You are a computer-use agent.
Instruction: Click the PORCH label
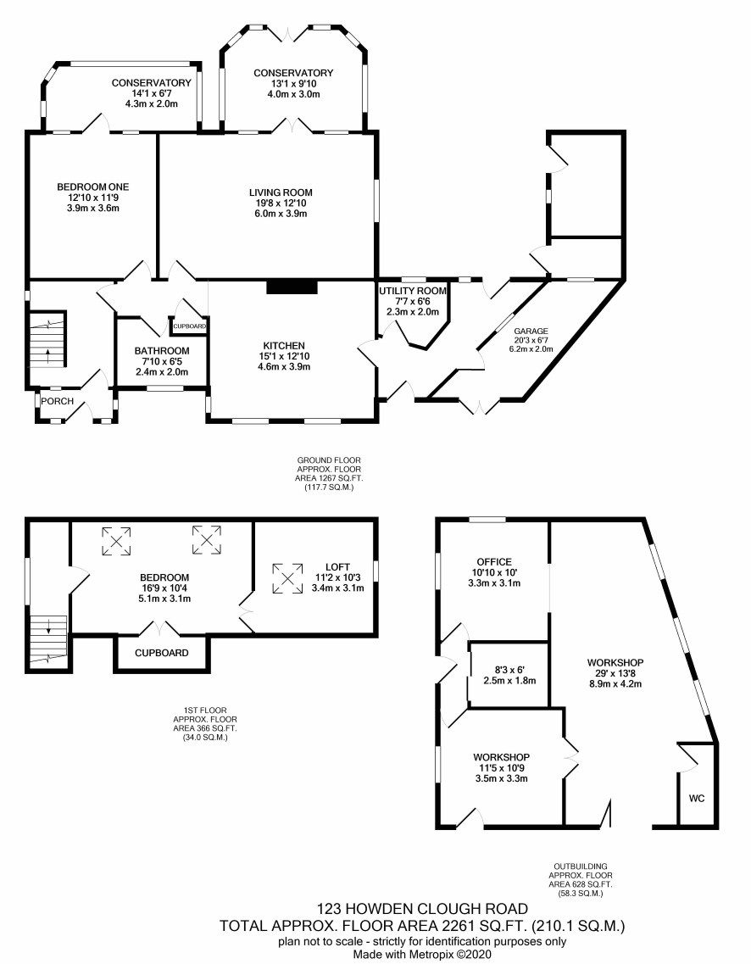(57, 402)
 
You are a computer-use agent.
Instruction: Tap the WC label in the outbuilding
(696, 799)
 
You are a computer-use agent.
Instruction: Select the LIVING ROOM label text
(281, 192)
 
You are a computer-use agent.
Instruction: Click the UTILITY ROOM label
(413, 291)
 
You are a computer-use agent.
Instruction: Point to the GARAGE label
(531, 332)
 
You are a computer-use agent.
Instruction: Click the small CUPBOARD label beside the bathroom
(189, 326)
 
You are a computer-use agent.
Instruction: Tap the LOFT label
(337, 567)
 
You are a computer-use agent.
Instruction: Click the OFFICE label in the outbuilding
(494, 562)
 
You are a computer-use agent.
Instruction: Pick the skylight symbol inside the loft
(287, 578)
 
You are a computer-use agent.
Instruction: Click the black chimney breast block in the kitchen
(292, 287)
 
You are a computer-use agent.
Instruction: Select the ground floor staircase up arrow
(48, 355)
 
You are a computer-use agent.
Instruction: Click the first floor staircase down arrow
(48, 627)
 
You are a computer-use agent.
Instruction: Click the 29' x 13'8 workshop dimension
(615, 673)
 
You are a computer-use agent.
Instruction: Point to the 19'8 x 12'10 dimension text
(281, 203)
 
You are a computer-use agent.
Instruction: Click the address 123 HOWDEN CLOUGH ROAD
(422, 909)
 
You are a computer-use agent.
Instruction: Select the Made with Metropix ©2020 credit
(422, 954)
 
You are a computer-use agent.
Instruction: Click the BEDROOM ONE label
(92, 187)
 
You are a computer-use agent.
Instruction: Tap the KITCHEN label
(284, 346)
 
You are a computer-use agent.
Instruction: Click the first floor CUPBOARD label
(162, 653)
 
